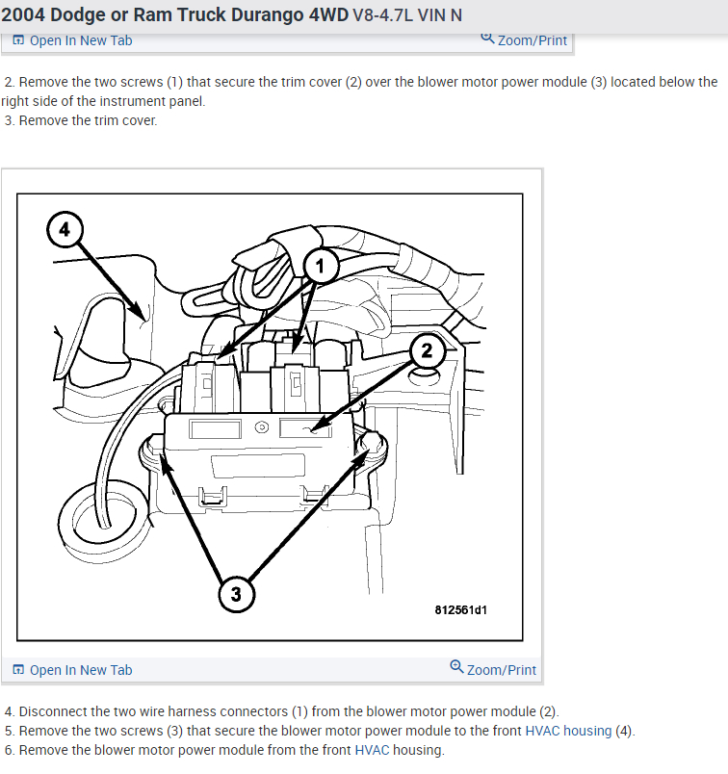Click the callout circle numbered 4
coord(65,230)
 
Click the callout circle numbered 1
coord(323,263)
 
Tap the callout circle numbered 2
coord(426,352)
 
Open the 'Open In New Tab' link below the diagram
coord(81,670)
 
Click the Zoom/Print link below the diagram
coord(501,670)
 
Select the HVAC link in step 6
coord(372,750)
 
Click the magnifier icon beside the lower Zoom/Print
coord(456,667)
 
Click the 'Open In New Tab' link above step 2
coord(81,40)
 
